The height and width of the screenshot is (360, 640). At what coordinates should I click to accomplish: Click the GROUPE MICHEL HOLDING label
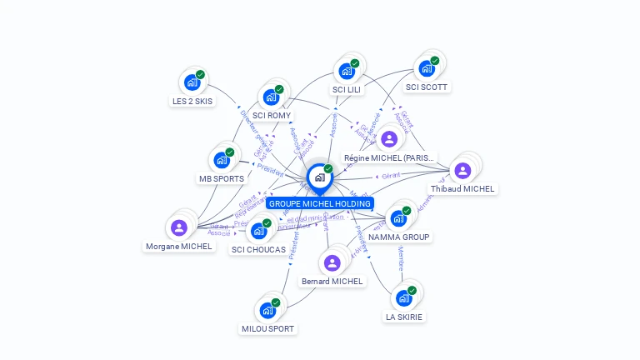pyautogui.click(x=319, y=203)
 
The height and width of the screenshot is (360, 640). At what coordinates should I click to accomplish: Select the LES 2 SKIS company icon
pyautogui.click(x=192, y=82)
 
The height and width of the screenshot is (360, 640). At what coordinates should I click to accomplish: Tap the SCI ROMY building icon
pyautogui.click(x=271, y=97)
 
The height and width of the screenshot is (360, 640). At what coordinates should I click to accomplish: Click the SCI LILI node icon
pyautogui.click(x=346, y=71)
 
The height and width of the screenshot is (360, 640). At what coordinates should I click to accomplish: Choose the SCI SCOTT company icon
pyautogui.click(x=427, y=68)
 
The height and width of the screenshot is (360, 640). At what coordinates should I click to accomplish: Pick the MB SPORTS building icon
pyautogui.click(x=222, y=159)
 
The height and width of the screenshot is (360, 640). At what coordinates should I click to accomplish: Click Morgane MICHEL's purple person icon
pyautogui.click(x=178, y=227)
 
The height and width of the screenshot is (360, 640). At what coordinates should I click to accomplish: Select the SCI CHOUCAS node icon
pyautogui.click(x=258, y=230)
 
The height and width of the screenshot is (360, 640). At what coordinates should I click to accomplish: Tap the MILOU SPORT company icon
pyautogui.click(x=267, y=310)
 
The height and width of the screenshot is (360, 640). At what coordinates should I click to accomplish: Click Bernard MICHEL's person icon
pyautogui.click(x=332, y=263)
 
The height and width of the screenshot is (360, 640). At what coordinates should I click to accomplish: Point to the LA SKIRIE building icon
pyautogui.click(x=404, y=298)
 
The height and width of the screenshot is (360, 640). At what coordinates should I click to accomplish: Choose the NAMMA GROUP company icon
pyautogui.click(x=399, y=218)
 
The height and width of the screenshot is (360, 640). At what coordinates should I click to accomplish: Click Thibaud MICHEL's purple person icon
pyautogui.click(x=462, y=171)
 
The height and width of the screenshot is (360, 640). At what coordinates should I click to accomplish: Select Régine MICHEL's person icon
pyautogui.click(x=388, y=139)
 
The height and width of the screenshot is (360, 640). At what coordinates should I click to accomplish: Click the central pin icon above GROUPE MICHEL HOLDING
pyautogui.click(x=319, y=177)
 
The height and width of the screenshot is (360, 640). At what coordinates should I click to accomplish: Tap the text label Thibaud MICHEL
pyautogui.click(x=462, y=189)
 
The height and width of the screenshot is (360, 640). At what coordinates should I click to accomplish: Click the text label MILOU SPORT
pyautogui.click(x=267, y=328)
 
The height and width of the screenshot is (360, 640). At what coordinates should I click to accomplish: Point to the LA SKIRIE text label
pyautogui.click(x=404, y=317)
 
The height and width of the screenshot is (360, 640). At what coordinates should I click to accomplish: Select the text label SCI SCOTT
pyautogui.click(x=427, y=87)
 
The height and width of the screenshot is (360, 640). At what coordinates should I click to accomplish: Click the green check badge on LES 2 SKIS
pyautogui.click(x=201, y=74)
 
